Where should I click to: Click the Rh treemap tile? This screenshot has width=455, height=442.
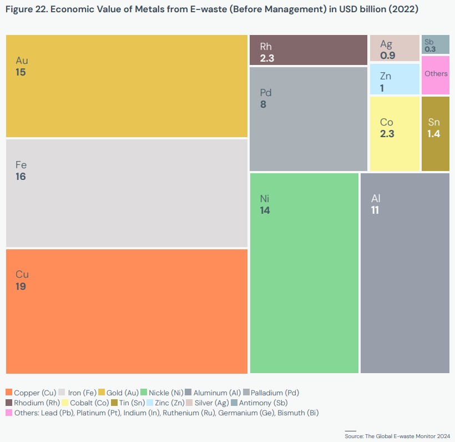coord(309,50)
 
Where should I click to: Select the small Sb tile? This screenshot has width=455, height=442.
coord(435,44)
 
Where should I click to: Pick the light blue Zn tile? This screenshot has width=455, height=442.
coord(395,79)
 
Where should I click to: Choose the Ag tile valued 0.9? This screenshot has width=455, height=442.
coord(395,48)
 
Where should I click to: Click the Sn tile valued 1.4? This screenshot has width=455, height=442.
coord(436,133)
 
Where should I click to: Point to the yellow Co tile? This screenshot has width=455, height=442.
coord(395,133)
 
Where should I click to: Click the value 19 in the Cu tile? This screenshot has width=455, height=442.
coord(21,287)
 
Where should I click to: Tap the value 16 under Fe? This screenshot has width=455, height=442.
coord(21,177)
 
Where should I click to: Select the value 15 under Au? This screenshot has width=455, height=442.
coord(21,72)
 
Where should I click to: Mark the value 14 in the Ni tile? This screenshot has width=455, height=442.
coord(265,210)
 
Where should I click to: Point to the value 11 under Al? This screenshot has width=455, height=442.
coord(375,210)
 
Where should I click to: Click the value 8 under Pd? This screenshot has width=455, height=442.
coord(263,104)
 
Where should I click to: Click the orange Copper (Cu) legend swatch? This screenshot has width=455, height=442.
coord(9,393)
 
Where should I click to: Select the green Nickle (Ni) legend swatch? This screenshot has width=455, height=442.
coord(145,393)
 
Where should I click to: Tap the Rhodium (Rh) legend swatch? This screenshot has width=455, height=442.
coord(9,403)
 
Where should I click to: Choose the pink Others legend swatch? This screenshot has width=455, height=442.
coord(9,413)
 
